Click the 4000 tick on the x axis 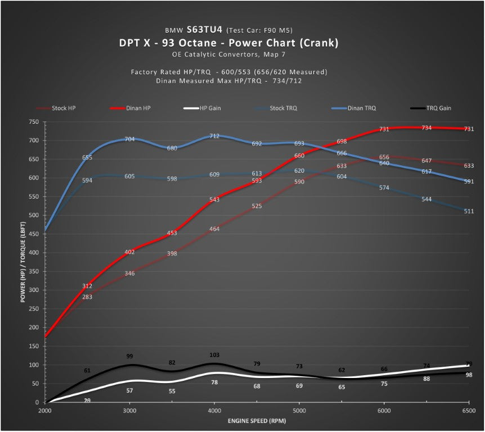pos(214,411)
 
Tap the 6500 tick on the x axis pos(468,411)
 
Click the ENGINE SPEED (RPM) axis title pos(257,421)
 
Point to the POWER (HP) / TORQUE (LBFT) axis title pos(24,262)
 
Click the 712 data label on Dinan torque pos(214,136)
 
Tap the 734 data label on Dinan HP pos(426,128)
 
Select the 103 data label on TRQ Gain pos(214,355)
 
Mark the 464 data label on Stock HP pos(214,229)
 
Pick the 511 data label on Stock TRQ pos(468,211)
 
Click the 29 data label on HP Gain pos(88,400)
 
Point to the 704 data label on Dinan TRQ pos(130,139)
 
